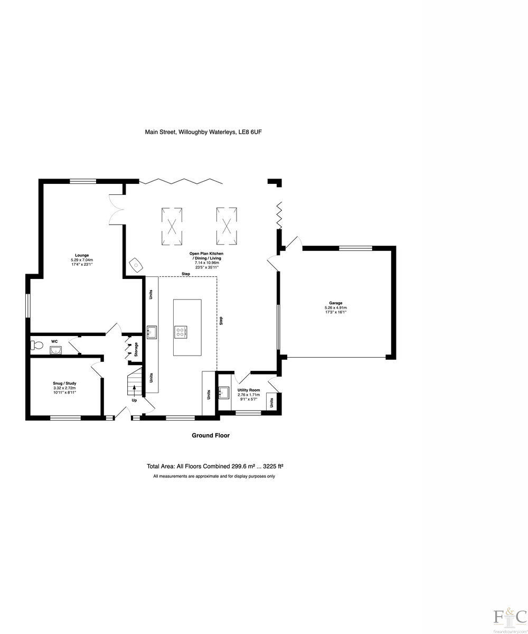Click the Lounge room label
pos(82,255)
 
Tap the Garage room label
pos(336,303)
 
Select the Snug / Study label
pos(64,383)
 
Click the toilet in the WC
pos(36,346)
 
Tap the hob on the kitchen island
pos(181,332)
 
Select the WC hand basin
pos(55,350)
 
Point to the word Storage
pos(136,349)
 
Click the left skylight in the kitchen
pos(172,226)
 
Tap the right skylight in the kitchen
pos(227,226)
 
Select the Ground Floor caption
pos(210,436)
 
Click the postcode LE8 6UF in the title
pos(250,132)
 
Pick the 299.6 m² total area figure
pos(243,467)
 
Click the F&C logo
pos(509,616)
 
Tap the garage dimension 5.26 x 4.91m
pos(336,307)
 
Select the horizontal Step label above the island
pos(185,274)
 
